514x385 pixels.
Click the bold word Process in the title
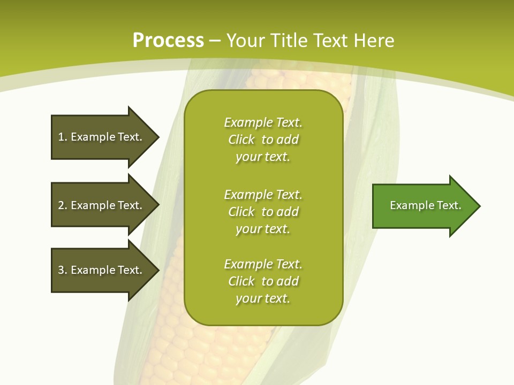point(168,41)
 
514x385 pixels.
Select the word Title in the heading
point(290,41)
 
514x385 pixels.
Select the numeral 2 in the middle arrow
point(61,205)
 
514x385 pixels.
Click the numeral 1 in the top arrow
point(61,137)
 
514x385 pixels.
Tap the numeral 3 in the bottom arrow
point(61,270)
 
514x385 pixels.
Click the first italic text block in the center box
point(263,140)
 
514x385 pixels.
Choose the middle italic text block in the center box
point(263,212)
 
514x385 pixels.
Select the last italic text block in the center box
point(263,281)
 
